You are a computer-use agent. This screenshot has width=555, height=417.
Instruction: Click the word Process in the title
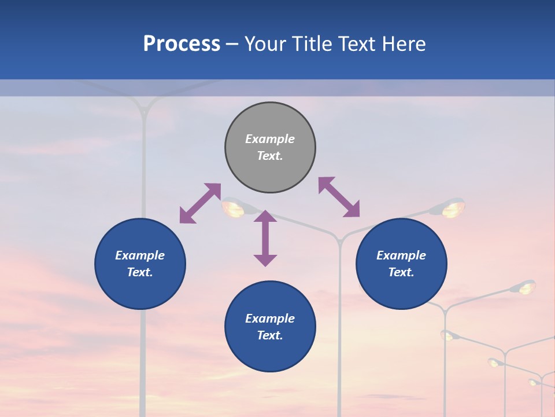click(x=182, y=44)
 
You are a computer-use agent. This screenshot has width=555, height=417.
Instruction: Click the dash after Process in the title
click(x=232, y=45)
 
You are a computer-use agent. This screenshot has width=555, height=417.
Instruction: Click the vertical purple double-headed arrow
click(x=265, y=238)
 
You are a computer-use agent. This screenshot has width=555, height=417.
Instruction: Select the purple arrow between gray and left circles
click(x=200, y=203)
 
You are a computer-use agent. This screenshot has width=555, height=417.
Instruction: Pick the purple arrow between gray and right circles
click(x=339, y=197)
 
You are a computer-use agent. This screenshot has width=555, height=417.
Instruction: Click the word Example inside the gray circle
click(x=270, y=139)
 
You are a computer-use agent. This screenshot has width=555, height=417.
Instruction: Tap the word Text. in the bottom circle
click(x=270, y=335)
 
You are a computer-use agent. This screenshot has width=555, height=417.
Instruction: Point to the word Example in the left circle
click(x=140, y=255)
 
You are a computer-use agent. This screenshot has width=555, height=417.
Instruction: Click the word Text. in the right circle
click(x=401, y=272)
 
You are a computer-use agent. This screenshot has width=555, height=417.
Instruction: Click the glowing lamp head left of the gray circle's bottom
click(x=234, y=208)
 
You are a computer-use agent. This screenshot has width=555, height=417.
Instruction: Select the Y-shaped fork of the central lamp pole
click(x=339, y=238)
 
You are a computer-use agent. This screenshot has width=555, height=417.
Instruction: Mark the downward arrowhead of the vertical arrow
click(x=265, y=260)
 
